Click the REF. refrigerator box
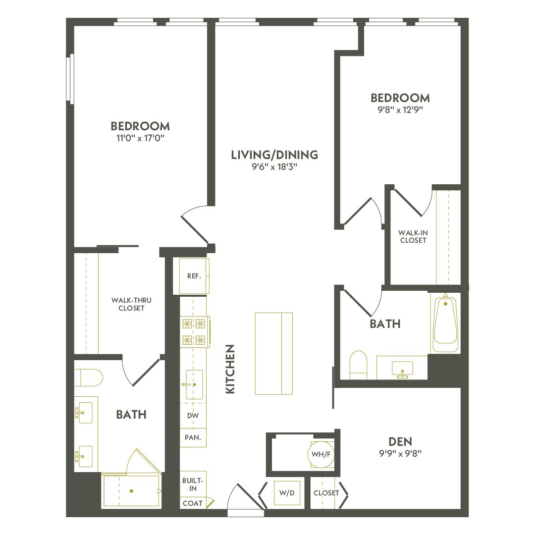194,276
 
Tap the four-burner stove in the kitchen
194,331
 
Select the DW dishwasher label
193,416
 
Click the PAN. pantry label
193,438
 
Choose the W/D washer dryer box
287,493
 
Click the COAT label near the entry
193,503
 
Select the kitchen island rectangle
274,353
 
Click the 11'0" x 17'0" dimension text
140,138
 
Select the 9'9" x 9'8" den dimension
401,452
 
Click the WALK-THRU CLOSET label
128,304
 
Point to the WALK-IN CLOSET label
413,236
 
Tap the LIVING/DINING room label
274,155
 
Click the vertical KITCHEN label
230,369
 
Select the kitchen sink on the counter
193,384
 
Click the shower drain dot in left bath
132,491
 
